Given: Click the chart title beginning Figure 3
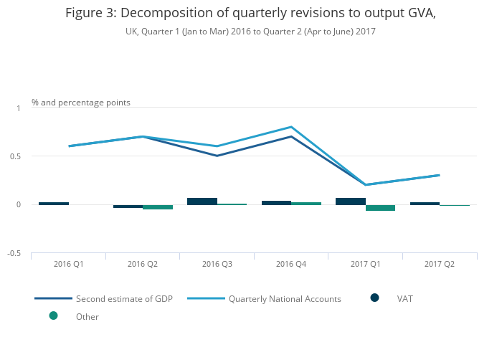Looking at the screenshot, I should [250, 13].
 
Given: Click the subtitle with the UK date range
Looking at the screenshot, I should [250, 32].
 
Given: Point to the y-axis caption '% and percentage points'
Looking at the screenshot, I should [81, 103].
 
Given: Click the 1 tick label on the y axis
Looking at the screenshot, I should [19, 108].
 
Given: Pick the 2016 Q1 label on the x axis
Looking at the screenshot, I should [69, 264].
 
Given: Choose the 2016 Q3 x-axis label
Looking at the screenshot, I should [217, 264].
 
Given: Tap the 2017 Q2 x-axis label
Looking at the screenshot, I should [440, 264].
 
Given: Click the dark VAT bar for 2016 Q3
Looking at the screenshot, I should [202, 202].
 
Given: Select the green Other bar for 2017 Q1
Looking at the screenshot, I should [380, 208].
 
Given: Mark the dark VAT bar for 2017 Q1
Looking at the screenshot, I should [351, 202].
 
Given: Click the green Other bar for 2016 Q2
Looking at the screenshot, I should [158, 207].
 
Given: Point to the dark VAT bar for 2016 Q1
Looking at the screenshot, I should [54, 204].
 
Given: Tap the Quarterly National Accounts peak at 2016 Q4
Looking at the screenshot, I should [291, 127].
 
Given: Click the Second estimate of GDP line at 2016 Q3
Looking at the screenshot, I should [217, 156].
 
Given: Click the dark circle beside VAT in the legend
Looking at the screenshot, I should [375, 298].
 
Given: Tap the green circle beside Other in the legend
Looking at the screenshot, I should [53, 316].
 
